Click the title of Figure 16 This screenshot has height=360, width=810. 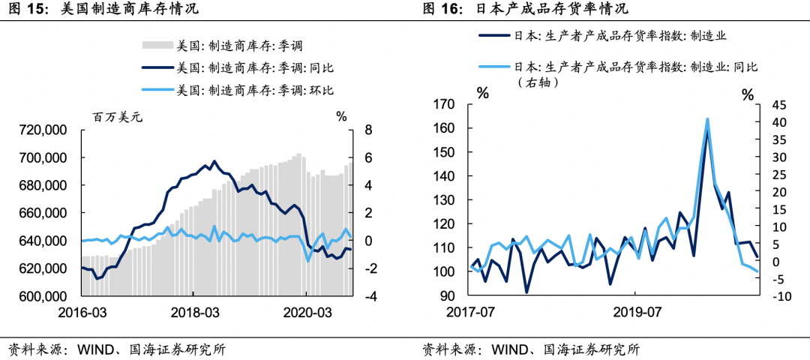pyautogui.click(x=525, y=9)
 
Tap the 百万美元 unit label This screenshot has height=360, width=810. pyautogui.click(x=117, y=116)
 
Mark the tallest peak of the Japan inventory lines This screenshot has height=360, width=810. pyautogui.click(x=707, y=120)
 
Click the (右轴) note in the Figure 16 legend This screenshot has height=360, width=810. pyautogui.click(x=538, y=82)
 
